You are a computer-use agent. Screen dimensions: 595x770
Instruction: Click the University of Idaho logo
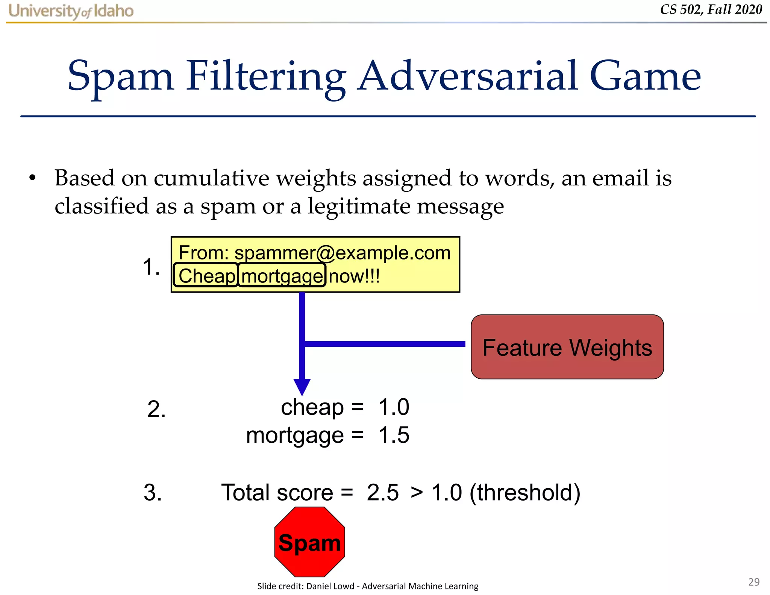pyautogui.click(x=71, y=11)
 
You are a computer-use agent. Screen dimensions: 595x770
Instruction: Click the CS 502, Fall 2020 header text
pyautogui.click(x=711, y=9)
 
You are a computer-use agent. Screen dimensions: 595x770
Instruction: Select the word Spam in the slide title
pyautogui.click(x=120, y=77)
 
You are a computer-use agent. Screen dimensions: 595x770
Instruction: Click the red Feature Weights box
pyautogui.click(x=567, y=347)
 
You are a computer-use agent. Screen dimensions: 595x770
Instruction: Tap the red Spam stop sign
pyautogui.click(x=309, y=542)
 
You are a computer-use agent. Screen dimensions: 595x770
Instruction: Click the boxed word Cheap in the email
pyautogui.click(x=206, y=276)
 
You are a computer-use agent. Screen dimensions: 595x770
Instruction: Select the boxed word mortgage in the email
pyautogui.click(x=282, y=276)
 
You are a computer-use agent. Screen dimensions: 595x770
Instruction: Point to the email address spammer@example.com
pyautogui.click(x=342, y=252)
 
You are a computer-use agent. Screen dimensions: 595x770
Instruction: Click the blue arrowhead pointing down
pyautogui.click(x=302, y=387)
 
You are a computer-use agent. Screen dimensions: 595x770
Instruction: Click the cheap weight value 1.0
pyautogui.click(x=394, y=407)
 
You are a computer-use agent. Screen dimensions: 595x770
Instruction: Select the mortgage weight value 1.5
pyautogui.click(x=394, y=435)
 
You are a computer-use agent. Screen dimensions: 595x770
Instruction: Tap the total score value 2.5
pyautogui.click(x=382, y=492)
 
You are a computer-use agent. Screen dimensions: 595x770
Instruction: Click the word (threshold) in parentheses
pyautogui.click(x=525, y=492)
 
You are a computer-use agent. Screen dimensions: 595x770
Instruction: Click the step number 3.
pyautogui.click(x=153, y=492)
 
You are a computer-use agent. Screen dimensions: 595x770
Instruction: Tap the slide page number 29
pyautogui.click(x=753, y=582)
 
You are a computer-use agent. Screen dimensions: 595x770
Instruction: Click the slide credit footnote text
pyautogui.click(x=368, y=586)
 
